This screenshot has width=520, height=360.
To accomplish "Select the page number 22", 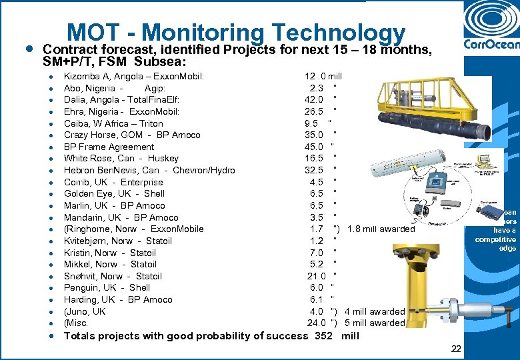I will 455,349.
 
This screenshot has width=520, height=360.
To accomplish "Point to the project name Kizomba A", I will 92,77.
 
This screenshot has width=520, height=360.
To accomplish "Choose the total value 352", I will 323,335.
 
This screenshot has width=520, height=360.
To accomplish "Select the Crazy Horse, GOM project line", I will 132,135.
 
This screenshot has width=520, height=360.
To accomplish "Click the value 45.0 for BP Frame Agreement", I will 313,147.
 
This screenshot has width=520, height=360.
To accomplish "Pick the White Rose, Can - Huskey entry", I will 121,159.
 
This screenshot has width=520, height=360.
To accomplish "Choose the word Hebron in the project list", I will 79,171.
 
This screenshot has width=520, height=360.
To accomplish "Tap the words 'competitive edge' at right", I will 495,243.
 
